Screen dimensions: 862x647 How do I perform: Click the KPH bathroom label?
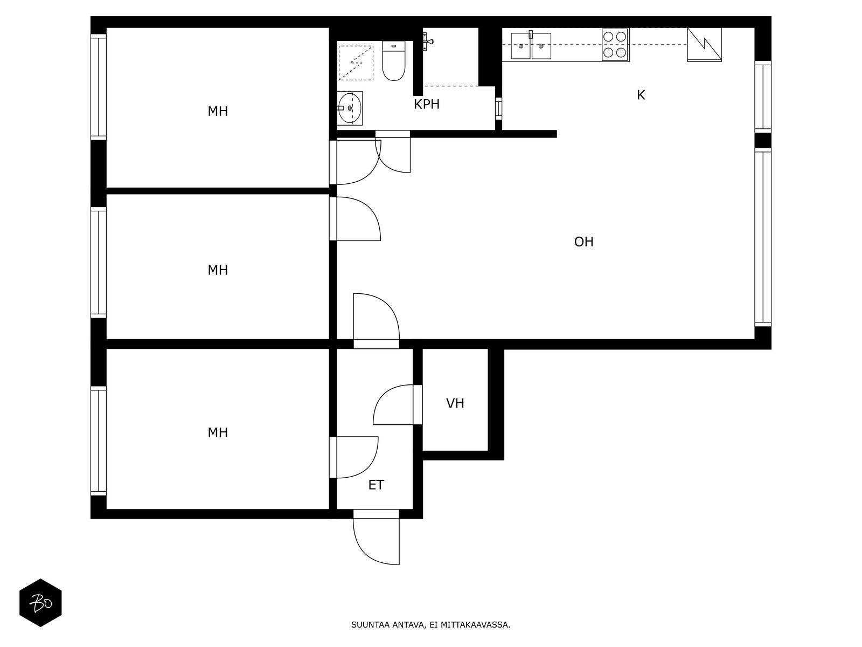click(x=427, y=105)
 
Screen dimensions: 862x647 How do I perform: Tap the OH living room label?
click(x=583, y=242)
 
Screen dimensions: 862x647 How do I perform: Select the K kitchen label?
click(x=641, y=95)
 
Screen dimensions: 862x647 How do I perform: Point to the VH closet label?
click(x=455, y=403)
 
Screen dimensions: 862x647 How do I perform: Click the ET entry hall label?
click(x=376, y=485)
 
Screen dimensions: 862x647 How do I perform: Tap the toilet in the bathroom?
click(x=393, y=61)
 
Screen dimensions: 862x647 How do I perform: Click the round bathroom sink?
click(x=349, y=108)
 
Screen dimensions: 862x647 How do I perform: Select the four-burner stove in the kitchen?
click(x=615, y=45)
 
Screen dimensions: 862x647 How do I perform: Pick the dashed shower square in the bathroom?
click(x=356, y=63)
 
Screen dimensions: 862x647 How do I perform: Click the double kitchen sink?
click(x=531, y=46)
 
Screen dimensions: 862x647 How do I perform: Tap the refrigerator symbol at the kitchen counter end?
click(x=704, y=44)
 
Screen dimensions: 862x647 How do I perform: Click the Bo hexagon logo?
click(x=40, y=603)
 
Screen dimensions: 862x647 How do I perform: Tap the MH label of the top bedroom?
click(x=218, y=112)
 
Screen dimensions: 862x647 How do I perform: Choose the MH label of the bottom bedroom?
click(x=218, y=433)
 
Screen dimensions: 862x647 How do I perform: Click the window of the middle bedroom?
click(x=99, y=263)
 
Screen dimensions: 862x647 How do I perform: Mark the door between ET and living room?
click(x=376, y=321)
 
